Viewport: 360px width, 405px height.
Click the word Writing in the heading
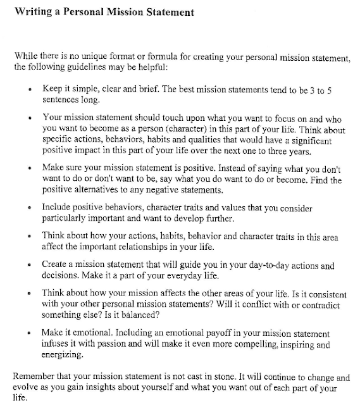(x=28, y=11)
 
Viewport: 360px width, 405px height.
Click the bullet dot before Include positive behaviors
(x=31, y=207)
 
